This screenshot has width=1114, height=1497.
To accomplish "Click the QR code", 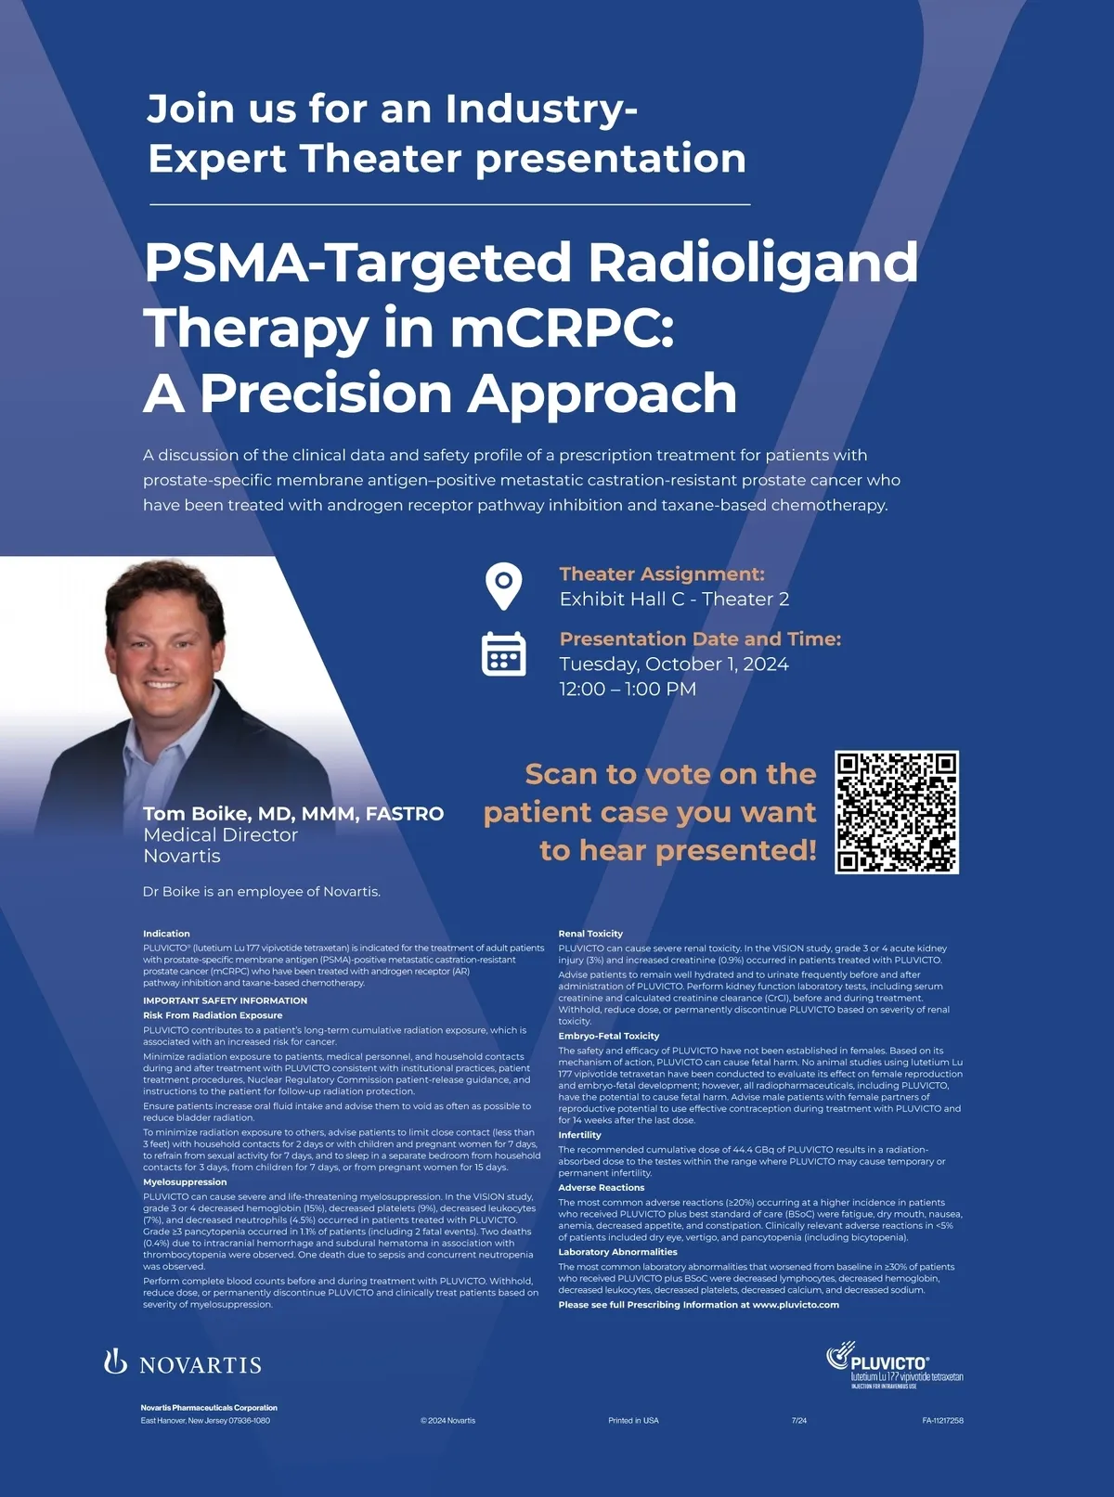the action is tap(897, 812).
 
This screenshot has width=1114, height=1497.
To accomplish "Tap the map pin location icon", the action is tap(504, 587).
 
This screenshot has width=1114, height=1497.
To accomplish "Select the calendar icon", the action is tap(504, 653).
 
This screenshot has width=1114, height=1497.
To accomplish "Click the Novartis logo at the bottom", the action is tap(183, 1364).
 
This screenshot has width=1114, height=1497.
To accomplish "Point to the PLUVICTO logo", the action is tap(895, 1364).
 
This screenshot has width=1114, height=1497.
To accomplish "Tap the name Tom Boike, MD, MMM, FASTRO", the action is tap(293, 813).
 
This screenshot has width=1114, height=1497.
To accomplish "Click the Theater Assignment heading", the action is tap(662, 574).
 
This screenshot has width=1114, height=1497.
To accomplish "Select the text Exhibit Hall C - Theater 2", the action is tap(674, 599).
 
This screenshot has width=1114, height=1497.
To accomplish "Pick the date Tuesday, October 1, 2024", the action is tap(674, 665).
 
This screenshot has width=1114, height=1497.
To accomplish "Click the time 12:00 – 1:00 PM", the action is tap(628, 690).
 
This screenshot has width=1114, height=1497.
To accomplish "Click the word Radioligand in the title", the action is tap(754, 264).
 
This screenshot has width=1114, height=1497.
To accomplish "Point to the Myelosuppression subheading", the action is tap(185, 1181).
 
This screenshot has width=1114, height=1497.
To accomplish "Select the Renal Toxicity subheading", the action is tap(590, 934).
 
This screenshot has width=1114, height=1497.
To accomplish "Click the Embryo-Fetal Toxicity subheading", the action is tap(608, 1036).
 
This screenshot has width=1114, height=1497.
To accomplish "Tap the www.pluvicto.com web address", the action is tap(796, 1305).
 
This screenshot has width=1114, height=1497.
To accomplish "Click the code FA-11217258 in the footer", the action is tap(942, 1421).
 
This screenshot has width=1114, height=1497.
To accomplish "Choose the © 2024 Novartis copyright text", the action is tap(447, 1421).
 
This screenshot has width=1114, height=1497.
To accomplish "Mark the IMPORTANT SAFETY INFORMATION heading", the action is tap(225, 1000).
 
